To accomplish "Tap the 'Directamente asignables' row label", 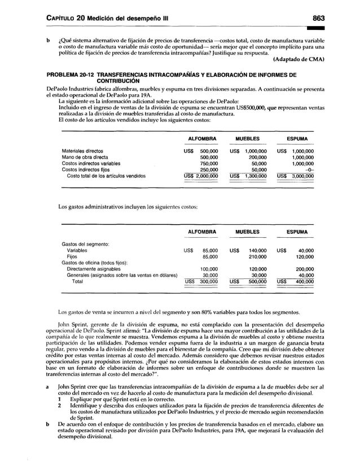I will (95, 269).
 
